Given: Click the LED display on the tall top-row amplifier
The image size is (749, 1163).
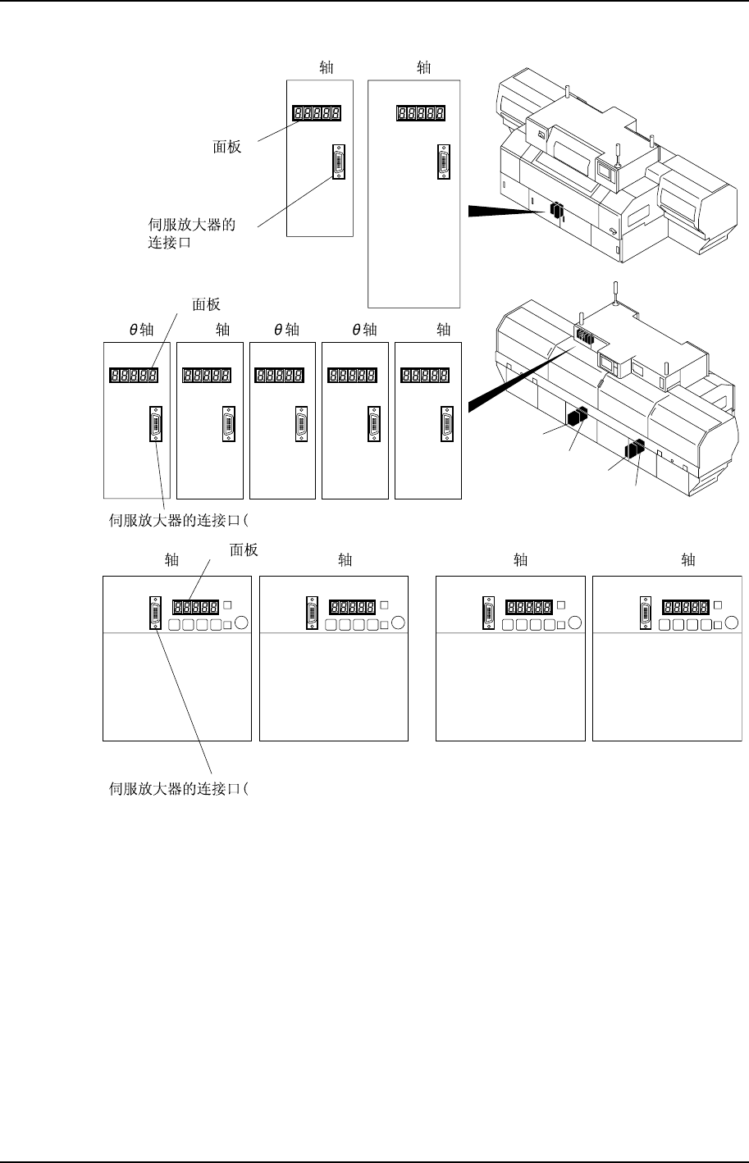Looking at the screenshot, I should [x=421, y=114].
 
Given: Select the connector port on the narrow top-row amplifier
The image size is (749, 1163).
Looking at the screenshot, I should [x=338, y=162].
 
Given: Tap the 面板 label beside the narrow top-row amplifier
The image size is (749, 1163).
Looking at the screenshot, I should [x=226, y=148].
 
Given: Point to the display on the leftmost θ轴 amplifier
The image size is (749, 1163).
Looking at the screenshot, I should [x=134, y=376].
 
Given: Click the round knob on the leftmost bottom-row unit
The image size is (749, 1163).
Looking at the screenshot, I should [x=240, y=623].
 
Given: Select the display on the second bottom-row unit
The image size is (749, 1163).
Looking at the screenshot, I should [x=352, y=607].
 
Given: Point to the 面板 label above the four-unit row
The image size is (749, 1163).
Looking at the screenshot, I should [x=244, y=550].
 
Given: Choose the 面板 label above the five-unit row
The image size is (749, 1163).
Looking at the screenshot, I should [x=206, y=304].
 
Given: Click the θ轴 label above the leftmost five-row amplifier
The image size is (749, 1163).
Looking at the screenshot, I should [x=141, y=330].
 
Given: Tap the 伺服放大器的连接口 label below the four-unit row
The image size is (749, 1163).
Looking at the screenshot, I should [x=179, y=789].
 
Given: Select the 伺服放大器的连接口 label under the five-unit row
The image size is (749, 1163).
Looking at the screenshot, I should [x=179, y=519].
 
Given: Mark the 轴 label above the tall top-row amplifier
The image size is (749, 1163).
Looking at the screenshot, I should [x=423, y=68].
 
